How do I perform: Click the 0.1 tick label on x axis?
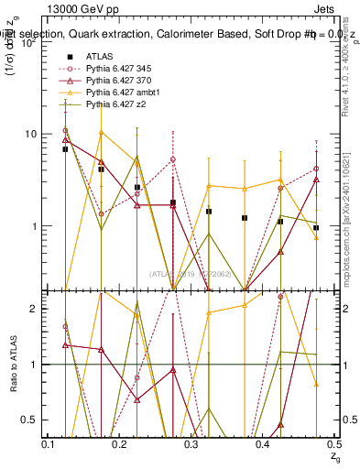(49, 444)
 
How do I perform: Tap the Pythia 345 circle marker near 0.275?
(173, 159)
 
